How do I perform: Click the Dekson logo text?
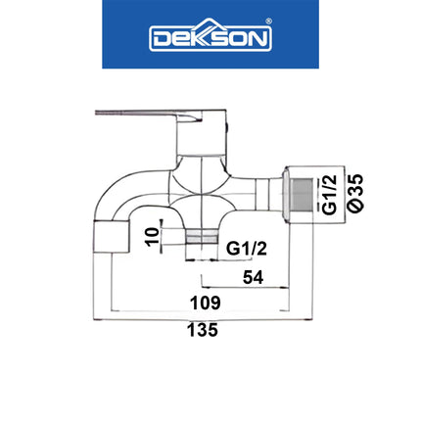pos(210,38)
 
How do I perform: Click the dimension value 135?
pos(203,330)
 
